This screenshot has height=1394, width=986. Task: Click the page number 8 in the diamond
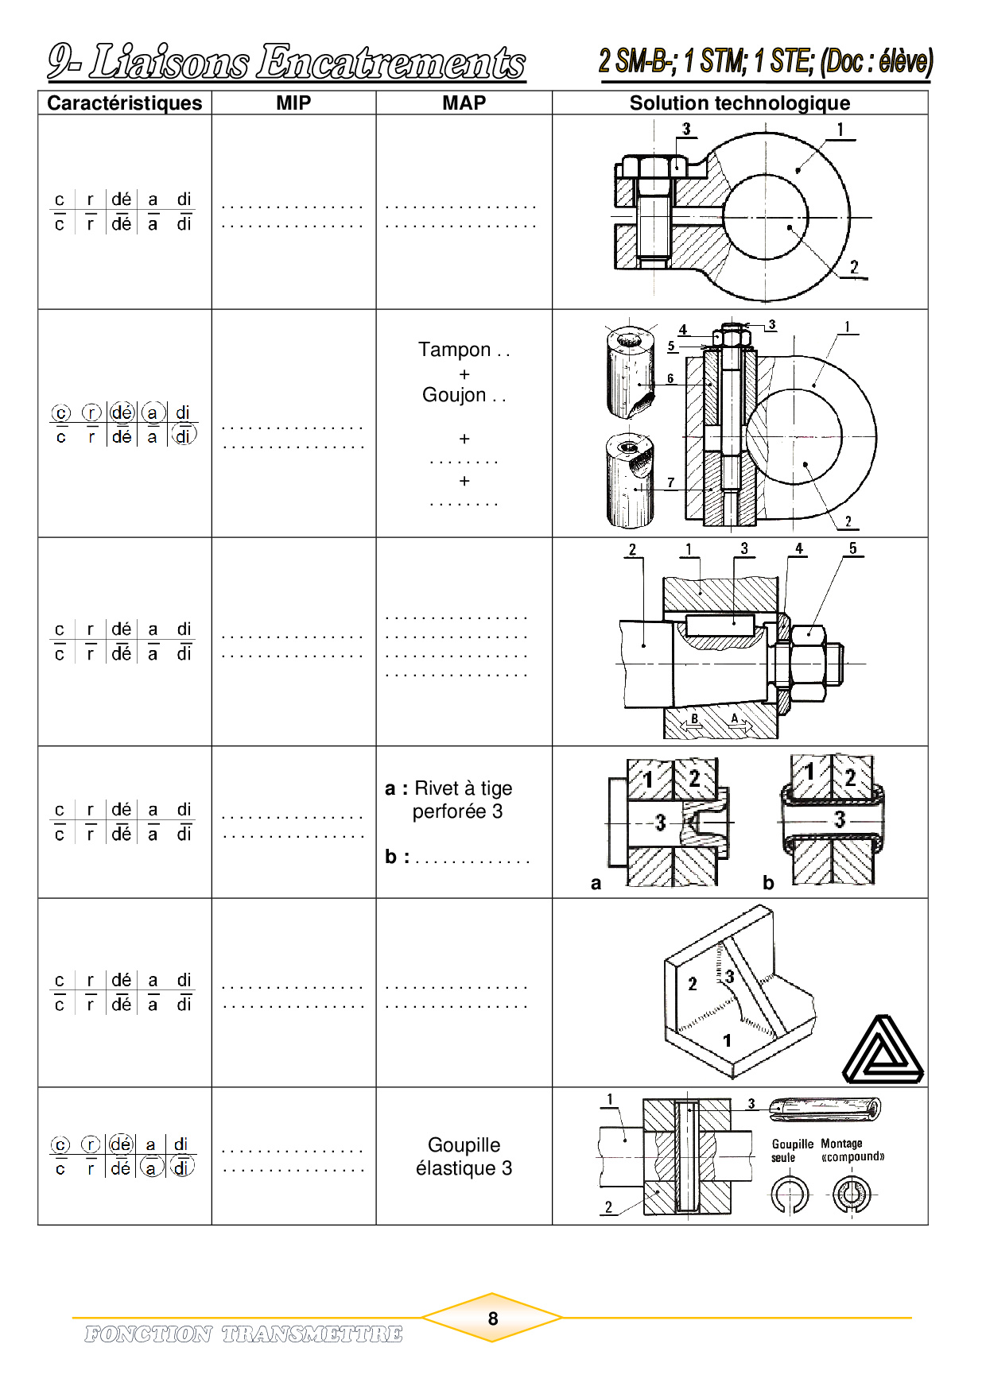coord(493,1318)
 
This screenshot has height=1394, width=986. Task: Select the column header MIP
coord(293,103)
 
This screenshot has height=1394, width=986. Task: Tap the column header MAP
coord(464,103)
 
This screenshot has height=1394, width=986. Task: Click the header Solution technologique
coord(739,103)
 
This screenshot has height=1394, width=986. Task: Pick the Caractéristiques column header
coord(125,103)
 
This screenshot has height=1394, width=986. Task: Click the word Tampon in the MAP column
coord(455,350)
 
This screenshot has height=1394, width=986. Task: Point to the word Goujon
coord(454,395)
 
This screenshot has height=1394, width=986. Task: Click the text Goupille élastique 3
coord(464,1156)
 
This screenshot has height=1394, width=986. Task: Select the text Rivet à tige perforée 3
coord(464,800)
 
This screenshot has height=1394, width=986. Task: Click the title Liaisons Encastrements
coord(286,62)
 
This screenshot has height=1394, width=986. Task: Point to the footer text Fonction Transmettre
coord(243,1334)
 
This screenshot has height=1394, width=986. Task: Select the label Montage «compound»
coord(852,1150)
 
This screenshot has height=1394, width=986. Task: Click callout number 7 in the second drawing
coord(671,482)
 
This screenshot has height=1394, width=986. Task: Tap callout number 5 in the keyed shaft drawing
coord(852,548)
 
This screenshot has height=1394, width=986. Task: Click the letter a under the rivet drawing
coord(596,883)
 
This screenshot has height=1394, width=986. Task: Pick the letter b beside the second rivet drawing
coord(768,882)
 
